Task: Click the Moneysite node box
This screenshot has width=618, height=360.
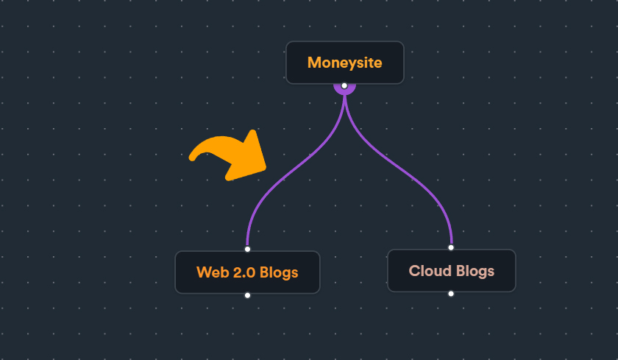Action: (x=345, y=63)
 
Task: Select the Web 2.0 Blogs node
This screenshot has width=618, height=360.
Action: (x=247, y=272)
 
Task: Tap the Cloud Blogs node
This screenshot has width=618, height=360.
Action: (x=452, y=270)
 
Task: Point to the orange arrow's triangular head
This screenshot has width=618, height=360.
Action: (x=249, y=158)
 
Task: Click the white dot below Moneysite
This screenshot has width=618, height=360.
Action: (x=344, y=85)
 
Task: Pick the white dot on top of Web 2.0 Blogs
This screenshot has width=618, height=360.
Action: (x=247, y=249)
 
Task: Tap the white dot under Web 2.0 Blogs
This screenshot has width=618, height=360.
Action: (x=247, y=295)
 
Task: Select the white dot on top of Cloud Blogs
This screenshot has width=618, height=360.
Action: (x=451, y=247)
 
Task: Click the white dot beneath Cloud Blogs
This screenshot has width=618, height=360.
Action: (x=451, y=294)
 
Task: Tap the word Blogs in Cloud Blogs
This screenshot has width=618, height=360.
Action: (x=475, y=271)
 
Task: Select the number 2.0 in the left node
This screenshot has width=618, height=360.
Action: (x=244, y=272)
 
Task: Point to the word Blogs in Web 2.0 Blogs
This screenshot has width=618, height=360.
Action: (x=279, y=273)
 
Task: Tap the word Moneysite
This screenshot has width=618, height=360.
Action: (x=345, y=63)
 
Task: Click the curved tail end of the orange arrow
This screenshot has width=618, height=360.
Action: (x=192, y=158)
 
